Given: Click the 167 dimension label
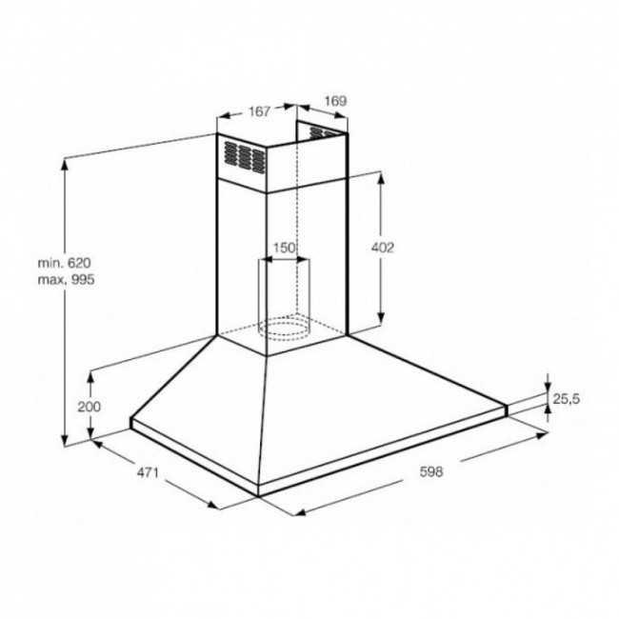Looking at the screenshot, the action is [259, 111].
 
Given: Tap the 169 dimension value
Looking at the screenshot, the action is [335, 101].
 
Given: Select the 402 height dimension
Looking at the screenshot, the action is [383, 248].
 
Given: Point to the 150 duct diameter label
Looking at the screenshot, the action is [284, 248].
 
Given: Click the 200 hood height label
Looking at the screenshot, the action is [90, 407].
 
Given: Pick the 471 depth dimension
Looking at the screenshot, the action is [148, 471].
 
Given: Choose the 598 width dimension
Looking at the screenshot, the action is [431, 471].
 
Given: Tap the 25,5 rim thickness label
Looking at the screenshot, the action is [566, 399].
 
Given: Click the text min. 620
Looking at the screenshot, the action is [65, 263].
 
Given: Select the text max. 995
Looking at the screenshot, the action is [67, 280].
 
